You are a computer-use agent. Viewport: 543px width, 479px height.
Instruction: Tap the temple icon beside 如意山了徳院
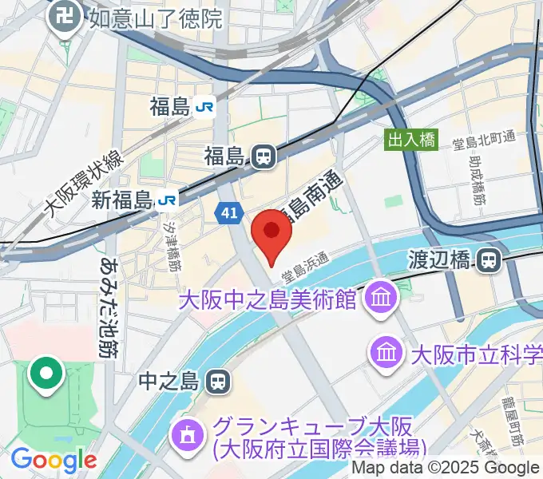61,18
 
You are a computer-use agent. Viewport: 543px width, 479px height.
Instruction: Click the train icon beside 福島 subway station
263,157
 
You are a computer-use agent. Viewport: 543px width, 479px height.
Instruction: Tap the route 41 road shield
229,212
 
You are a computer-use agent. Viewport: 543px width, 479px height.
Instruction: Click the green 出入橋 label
411,141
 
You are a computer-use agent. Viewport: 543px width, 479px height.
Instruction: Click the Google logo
54,460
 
